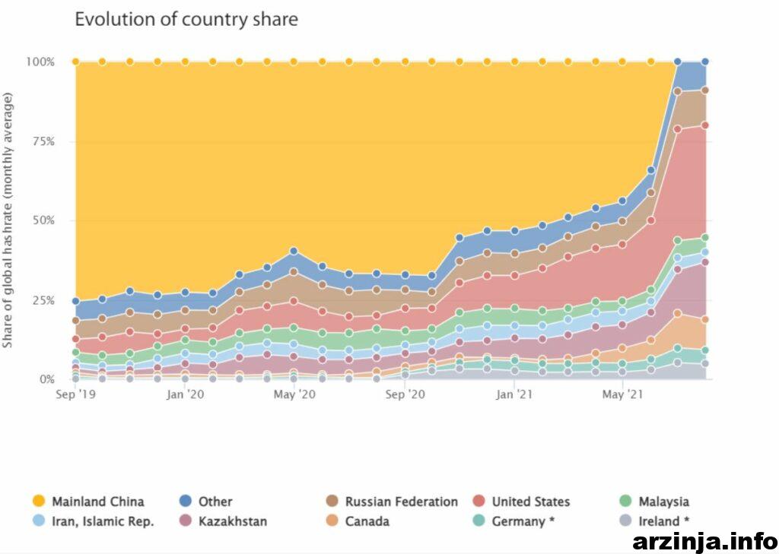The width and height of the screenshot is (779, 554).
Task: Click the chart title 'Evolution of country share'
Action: coord(186,19)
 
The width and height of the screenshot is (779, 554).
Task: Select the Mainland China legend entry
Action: coord(88,502)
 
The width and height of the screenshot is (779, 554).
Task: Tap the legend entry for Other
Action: coord(205,502)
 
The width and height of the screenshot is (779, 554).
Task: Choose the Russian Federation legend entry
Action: coord(392,502)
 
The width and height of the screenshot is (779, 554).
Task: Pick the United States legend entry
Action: coord(521,502)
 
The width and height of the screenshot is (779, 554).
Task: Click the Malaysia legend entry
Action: coord(654,502)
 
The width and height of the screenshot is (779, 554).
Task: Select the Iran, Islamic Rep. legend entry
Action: coord(93,521)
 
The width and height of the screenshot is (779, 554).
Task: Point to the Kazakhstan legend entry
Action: coord(223,521)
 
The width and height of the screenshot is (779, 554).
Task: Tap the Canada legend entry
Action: coord(358,521)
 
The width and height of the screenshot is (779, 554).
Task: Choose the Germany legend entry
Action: coord(514,521)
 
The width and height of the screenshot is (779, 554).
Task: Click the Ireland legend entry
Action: coord(654,521)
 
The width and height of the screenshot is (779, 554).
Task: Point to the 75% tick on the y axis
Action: coord(43,141)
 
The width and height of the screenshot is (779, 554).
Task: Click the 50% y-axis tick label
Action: coord(43,220)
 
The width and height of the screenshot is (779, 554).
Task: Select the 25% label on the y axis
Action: coord(43,300)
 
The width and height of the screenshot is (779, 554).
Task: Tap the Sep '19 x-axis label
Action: coord(75,394)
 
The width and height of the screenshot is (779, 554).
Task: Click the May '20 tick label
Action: coord(294,394)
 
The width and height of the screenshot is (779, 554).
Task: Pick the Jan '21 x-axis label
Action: coord(514,394)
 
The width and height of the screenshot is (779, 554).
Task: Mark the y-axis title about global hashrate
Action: coord(8,220)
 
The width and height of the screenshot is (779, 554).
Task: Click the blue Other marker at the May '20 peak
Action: coord(294,252)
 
